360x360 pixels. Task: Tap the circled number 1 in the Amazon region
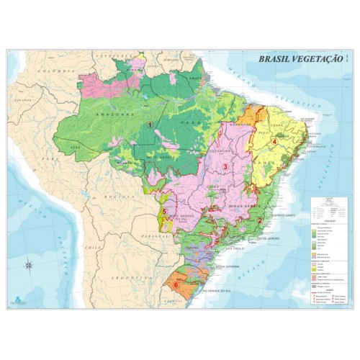(x=150, y=124)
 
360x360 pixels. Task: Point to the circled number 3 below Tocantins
(x=225, y=166)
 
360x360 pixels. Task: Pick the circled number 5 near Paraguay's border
(x=165, y=211)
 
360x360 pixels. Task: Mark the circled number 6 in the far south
(x=175, y=284)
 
